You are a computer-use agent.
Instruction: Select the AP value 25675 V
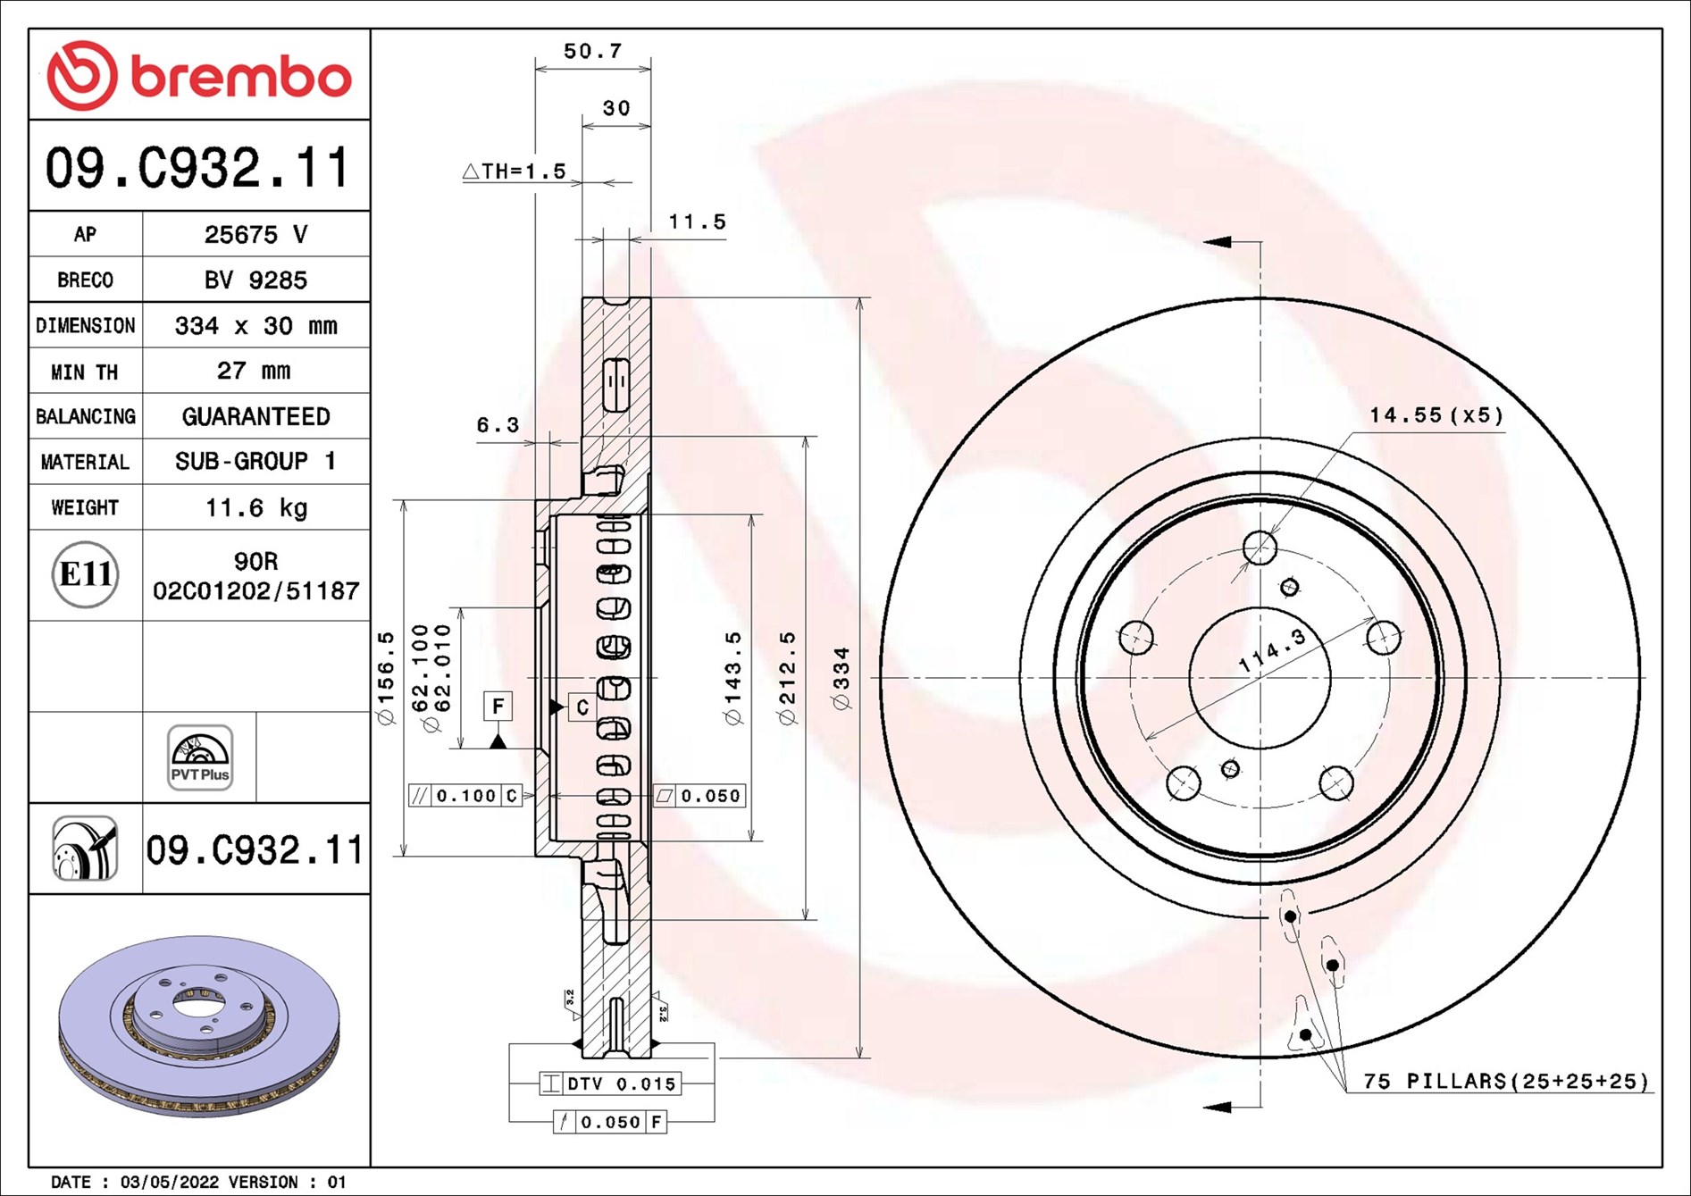tap(255, 234)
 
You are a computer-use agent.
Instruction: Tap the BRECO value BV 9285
tap(255, 280)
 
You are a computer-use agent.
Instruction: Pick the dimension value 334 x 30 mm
tap(255, 325)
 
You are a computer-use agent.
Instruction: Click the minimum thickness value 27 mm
tap(254, 371)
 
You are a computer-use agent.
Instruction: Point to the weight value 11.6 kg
tap(256, 507)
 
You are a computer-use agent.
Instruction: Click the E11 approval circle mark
tap(85, 574)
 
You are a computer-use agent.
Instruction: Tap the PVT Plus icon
tap(200, 757)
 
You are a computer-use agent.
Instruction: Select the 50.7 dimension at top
tap(592, 51)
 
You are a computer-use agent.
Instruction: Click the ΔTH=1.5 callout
tap(515, 171)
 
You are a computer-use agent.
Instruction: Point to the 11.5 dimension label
tap(698, 222)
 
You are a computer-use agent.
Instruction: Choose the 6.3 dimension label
tap(498, 425)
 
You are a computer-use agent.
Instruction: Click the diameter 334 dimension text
tap(841, 679)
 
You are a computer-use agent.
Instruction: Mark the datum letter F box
tap(498, 706)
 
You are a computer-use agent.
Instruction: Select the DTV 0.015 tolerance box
tap(610, 1083)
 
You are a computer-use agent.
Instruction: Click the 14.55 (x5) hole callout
tap(1436, 415)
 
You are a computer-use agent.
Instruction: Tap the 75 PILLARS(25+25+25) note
tap(1505, 1081)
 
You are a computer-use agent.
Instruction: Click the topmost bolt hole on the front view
tap(1260, 548)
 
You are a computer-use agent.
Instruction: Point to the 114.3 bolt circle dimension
tap(1272, 650)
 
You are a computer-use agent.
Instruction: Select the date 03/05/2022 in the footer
tap(170, 1182)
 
